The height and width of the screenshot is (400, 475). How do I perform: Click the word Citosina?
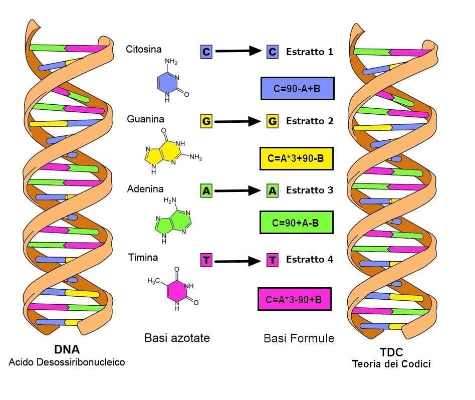pos(144,50)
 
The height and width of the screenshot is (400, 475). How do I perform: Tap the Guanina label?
pos(145,119)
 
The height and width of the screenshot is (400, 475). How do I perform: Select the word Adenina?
pos(145,189)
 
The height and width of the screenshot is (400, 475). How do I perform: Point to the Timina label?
pos(143,258)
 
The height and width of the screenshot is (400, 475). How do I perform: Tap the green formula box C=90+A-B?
pos(296,223)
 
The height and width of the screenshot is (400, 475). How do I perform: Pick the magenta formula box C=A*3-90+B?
pos(294,300)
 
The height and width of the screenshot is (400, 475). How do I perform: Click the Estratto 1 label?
pos(309,52)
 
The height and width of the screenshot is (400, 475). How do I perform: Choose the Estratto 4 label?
pos(309,260)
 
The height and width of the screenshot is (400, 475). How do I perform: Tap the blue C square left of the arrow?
pos(206,51)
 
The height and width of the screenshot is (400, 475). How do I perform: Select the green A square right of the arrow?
pos(272,190)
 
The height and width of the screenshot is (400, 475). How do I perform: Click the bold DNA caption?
pos(67,349)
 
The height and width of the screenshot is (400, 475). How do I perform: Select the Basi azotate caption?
pos(177,338)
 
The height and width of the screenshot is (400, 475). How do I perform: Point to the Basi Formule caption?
pos(299,338)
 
